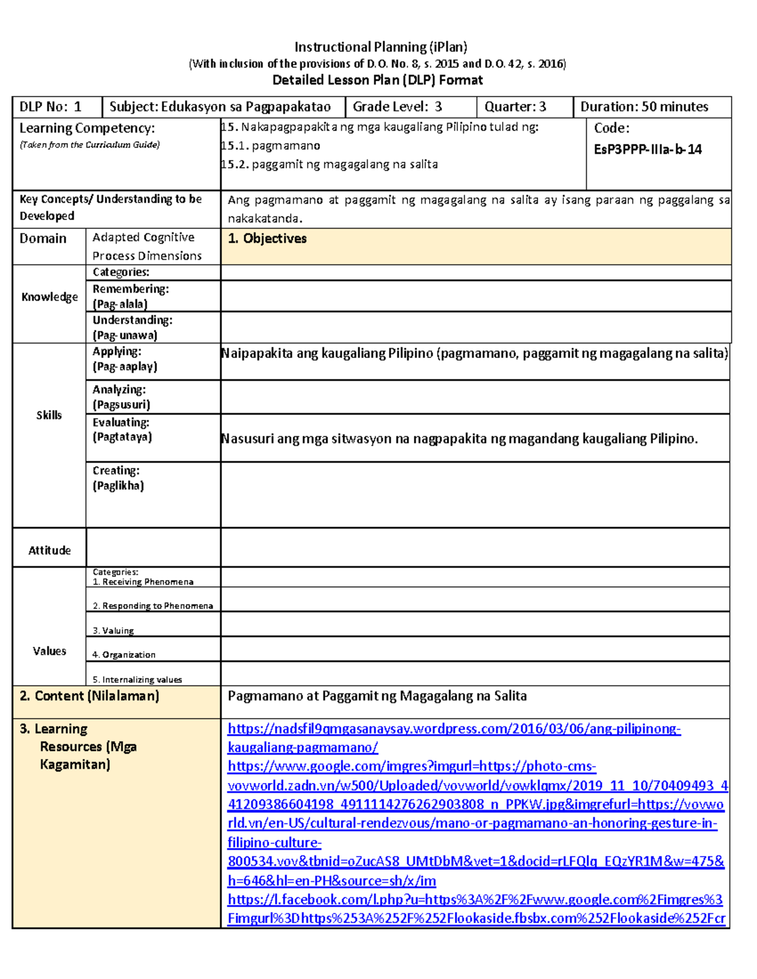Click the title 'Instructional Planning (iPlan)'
(380, 47)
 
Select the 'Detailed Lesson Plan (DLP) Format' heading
(377, 80)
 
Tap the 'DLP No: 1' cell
(50, 107)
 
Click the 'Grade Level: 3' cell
(397, 107)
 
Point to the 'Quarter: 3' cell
(515, 107)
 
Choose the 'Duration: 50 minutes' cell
(644, 107)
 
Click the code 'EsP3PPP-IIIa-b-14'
(647, 149)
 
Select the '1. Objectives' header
(267, 238)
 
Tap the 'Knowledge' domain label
(49, 297)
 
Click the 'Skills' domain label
(49, 415)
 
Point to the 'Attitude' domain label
(49, 550)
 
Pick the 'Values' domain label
(49, 651)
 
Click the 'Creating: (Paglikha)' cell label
(118, 478)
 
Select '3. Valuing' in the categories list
(113, 630)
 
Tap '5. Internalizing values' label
(137, 680)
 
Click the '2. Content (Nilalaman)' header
(89, 696)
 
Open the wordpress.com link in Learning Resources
(454, 729)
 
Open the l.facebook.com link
(474, 900)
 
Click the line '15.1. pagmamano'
(271, 146)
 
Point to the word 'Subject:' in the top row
(133, 107)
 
